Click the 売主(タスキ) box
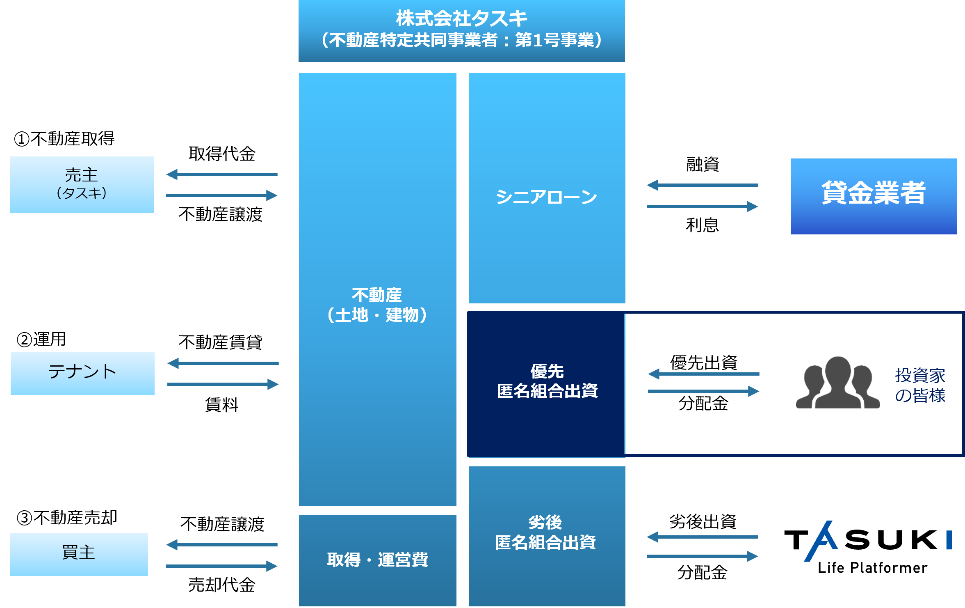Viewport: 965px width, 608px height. [x=82, y=184]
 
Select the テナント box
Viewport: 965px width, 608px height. [x=82, y=373]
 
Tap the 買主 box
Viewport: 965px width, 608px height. [x=79, y=554]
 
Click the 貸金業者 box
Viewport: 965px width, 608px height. [x=874, y=196]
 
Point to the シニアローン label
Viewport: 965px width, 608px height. [x=546, y=197]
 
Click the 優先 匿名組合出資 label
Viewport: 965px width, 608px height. [x=547, y=381]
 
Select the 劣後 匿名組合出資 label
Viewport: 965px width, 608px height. [x=545, y=532]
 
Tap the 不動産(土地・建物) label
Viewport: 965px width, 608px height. [x=377, y=305]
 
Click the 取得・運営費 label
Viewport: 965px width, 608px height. [x=377, y=560]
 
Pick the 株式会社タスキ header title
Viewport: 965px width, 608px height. [x=461, y=18]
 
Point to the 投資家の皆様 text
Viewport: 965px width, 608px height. [x=920, y=385]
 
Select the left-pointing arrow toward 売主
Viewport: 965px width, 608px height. [x=221, y=174]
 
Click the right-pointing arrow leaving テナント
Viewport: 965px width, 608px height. [x=223, y=384]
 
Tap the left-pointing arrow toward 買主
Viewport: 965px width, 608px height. [x=221, y=545]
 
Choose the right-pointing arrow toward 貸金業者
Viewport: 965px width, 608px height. [x=702, y=206]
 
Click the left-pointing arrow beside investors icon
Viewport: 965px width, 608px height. [x=703, y=374]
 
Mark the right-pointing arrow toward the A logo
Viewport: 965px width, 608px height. [x=702, y=556]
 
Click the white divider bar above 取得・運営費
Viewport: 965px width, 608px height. [x=370, y=510]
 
